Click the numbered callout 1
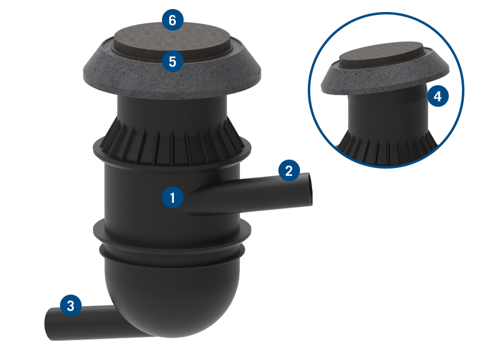pyautogui.click(x=173, y=197)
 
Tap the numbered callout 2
pyautogui.click(x=289, y=170)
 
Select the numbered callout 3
pyautogui.click(x=71, y=305)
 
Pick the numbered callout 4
pyautogui.click(x=438, y=96)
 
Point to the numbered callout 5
pyautogui.click(x=173, y=61)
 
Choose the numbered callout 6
pyautogui.click(x=173, y=20)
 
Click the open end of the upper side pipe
pyautogui.click(x=310, y=190)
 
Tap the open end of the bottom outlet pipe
pyautogui.click(x=49, y=324)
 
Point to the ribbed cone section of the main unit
pyautogui.click(x=172, y=141)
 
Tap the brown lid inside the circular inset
pyautogui.click(x=381, y=55)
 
